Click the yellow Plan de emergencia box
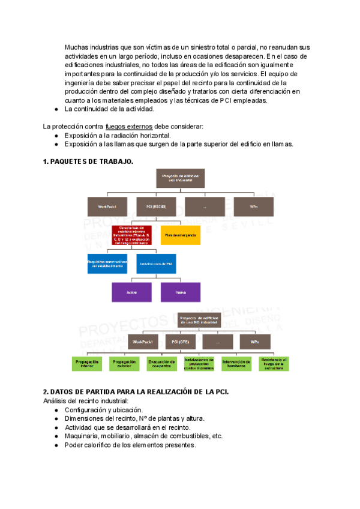click(181, 235)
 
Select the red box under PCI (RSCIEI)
click(131, 235)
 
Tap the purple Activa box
click(131, 292)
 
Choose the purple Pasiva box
click(181, 292)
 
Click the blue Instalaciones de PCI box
click(156, 264)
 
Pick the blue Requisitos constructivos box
click(107, 264)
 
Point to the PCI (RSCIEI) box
click(156, 206)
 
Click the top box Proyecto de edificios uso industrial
click(181, 177)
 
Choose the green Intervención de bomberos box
click(236, 363)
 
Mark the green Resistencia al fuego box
click(274, 363)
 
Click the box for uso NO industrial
click(199, 320)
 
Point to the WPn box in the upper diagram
click(254, 206)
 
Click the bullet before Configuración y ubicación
click(56, 410)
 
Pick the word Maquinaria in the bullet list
click(82, 436)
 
